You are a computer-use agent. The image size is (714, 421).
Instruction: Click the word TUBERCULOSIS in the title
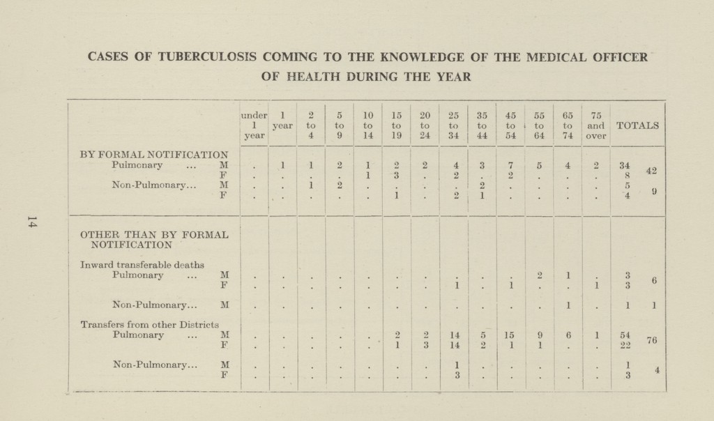(x=208, y=57)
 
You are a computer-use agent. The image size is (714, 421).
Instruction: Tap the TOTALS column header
(x=637, y=125)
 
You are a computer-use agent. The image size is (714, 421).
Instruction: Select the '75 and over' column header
(x=595, y=125)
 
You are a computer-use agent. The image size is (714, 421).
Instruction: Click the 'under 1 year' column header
(x=254, y=125)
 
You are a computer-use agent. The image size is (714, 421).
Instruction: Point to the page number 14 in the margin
(x=31, y=222)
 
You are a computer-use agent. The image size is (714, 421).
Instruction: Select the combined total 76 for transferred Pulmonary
(x=652, y=339)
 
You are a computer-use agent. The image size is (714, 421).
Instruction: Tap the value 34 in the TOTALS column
(x=625, y=164)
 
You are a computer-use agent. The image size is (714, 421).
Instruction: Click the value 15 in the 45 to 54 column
(x=510, y=335)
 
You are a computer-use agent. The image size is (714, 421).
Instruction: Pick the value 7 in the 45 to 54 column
(x=511, y=164)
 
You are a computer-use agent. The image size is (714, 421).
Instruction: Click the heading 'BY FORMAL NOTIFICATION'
(x=154, y=155)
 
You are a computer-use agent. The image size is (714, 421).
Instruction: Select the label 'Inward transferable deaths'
(x=142, y=265)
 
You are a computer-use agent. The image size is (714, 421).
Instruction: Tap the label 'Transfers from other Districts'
(x=150, y=325)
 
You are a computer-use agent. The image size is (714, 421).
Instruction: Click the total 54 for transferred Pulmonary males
(x=625, y=335)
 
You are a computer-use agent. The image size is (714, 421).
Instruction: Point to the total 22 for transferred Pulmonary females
(x=625, y=345)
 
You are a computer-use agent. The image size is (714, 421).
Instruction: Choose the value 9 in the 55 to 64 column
(x=539, y=335)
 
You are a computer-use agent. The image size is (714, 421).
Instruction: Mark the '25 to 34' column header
(x=453, y=125)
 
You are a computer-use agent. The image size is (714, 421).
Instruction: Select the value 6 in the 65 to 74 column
(x=568, y=335)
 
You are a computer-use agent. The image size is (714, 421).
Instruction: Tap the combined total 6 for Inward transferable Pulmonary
(x=654, y=281)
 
